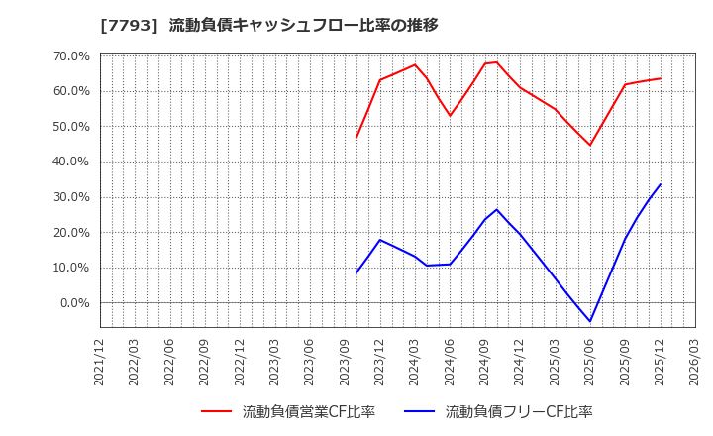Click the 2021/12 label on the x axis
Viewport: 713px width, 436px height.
pyautogui.click(x=100, y=361)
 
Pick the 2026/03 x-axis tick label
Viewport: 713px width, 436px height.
pyautogui.click(x=695, y=361)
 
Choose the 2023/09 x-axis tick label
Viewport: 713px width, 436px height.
pyautogui.click(x=345, y=361)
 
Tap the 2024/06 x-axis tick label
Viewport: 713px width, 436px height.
pyautogui.click(x=450, y=361)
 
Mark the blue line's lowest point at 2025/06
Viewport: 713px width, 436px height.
pyautogui.click(x=590, y=321)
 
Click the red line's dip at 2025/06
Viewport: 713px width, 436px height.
pyautogui.click(x=590, y=146)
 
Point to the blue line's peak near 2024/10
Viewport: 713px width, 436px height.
pyautogui.click(x=497, y=209)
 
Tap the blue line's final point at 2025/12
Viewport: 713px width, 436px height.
pyautogui.click(x=661, y=184)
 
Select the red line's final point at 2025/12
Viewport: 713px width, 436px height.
pyautogui.click(x=661, y=78)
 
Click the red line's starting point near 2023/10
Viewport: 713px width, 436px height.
pyautogui.click(x=356, y=137)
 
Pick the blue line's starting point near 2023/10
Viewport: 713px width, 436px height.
pyautogui.click(x=356, y=272)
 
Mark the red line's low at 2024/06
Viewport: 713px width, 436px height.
pyautogui.click(x=450, y=116)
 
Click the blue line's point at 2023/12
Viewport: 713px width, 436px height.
pyautogui.click(x=379, y=240)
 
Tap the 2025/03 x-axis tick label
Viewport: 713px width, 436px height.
pyautogui.click(x=555, y=361)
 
